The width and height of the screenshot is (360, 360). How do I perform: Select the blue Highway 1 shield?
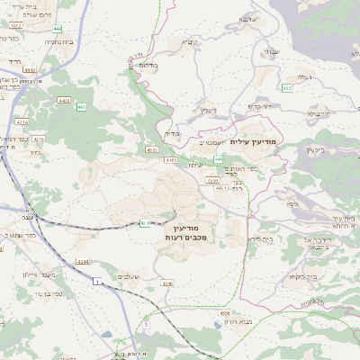coord(95,282)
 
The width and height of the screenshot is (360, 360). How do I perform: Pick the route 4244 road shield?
coord(82,261)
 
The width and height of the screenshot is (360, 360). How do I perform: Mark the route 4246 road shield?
coord(166,283)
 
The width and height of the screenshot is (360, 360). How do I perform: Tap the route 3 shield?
coord(147,323)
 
